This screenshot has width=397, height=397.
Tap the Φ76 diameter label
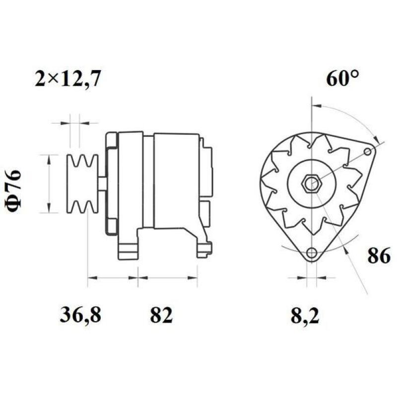(x=14, y=192)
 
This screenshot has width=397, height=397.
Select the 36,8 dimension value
(x=80, y=315)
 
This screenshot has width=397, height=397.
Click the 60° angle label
(x=342, y=79)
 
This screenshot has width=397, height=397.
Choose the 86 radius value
(x=379, y=256)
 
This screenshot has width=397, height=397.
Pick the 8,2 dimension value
(x=305, y=315)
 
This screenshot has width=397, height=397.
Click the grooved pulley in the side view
(x=82, y=184)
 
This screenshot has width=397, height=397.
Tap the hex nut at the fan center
(x=312, y=184)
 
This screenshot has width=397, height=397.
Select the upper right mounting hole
(x=367, y=151)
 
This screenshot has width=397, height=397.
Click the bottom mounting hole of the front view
(x=311, y=254)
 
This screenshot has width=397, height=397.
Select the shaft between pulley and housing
(x=102, y=184)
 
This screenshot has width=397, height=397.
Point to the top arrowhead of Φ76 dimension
(x=49, y=158)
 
